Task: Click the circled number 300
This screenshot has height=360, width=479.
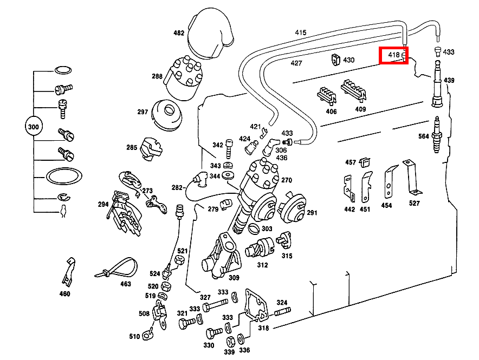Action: coord(34,127)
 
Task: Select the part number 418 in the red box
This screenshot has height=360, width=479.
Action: coord(393,55)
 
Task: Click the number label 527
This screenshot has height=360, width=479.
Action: coord(415,203)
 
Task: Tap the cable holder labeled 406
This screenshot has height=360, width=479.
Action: coord(327,96)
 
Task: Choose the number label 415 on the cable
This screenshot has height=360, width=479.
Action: coord(301,32)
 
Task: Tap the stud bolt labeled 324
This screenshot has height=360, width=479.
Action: coord(282,312)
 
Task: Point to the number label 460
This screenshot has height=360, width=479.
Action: coord(64,294)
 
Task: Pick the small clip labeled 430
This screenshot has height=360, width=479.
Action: coord(334,60)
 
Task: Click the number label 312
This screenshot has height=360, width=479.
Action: coord(262,265)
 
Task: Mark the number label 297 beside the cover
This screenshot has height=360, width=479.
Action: coord(143,112)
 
